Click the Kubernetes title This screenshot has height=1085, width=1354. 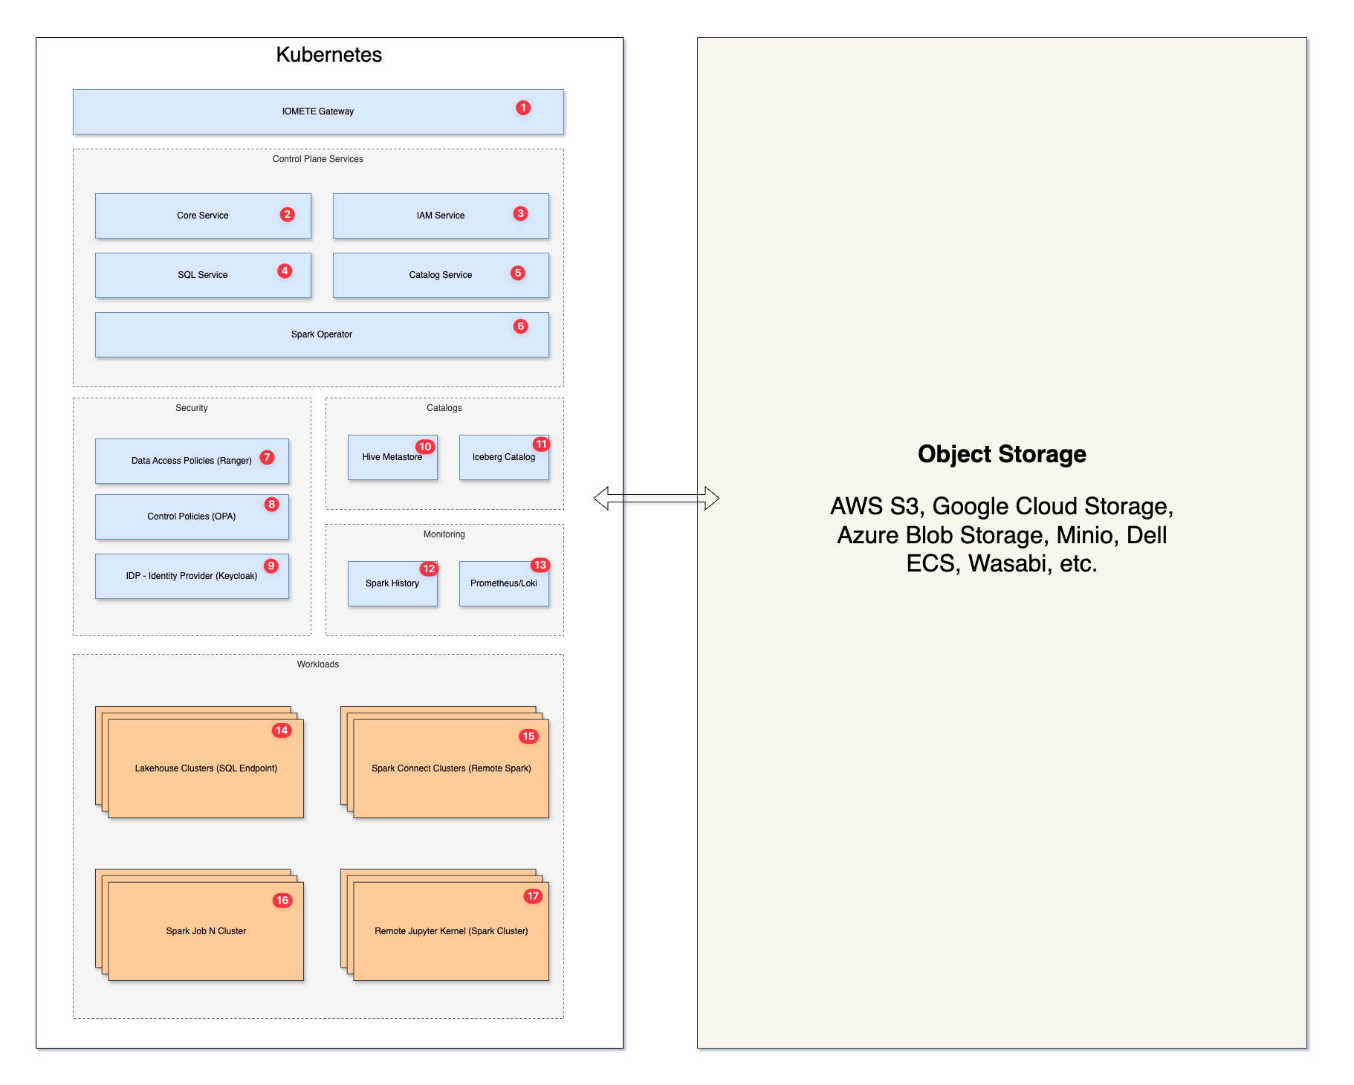(x=328, y=55)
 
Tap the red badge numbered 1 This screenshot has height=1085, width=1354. (x=523, y=108)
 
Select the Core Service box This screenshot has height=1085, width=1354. (x=203, y=216)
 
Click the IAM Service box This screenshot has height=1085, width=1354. (x=441, y=216)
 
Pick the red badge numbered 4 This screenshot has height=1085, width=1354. (x=285, y=271)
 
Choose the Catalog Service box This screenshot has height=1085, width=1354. (x=441, y=275)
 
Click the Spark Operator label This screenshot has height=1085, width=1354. (x=322, y=334)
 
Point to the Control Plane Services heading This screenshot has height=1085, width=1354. (x=317, y=159)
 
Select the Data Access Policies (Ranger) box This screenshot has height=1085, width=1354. (x=192, y=461)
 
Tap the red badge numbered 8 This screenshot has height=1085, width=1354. (x=272, y=505)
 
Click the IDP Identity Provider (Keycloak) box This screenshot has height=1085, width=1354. (x=192, y=576)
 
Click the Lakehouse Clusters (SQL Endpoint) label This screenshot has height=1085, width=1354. (x=206, y=768)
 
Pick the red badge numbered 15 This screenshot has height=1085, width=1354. (x=528, y=736)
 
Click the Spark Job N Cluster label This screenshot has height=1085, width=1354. (x=206, y=931)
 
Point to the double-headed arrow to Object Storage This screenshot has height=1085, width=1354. (x=656, y=498)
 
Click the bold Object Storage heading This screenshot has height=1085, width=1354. (x=1002, y=454)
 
